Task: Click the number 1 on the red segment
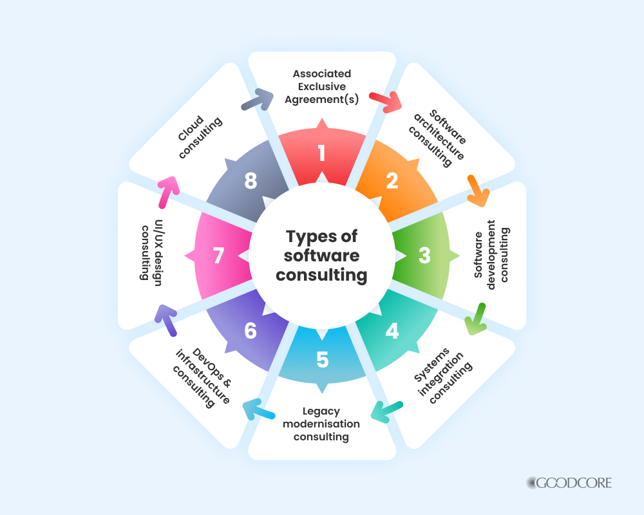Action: click(321, 153)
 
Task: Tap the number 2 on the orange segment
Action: click(392, 182)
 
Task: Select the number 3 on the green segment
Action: click(424, 256)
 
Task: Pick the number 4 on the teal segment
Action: click(392, 331)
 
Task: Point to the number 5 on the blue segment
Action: click(322, 360)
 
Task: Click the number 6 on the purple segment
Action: click(251, 331)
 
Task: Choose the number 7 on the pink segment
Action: click(219, 256)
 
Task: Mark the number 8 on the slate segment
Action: click(251, 182)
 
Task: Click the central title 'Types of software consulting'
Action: click(322, 256)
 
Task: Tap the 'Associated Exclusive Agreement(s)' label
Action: click(321, 86)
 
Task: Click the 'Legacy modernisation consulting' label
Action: click(321, 424)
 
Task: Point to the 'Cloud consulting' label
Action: click(200, 136)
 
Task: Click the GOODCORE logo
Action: click(569, 482)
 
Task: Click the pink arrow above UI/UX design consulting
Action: click(169, 192)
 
